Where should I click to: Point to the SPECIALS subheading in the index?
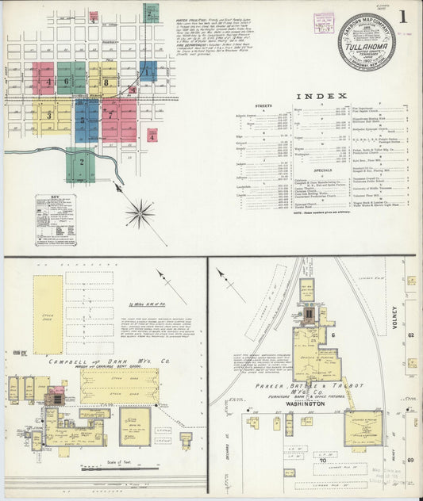(323, 170)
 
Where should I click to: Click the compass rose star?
(140, 212)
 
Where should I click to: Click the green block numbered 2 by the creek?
(79, 163)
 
